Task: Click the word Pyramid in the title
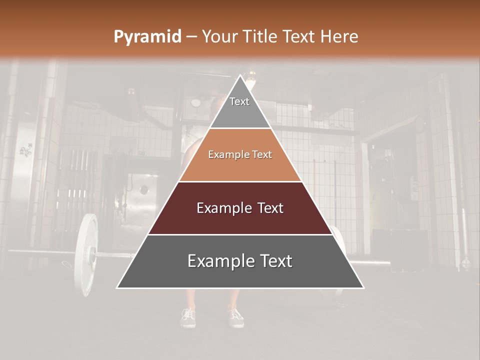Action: (x=147, y=37)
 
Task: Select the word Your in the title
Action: (x=221, y=37)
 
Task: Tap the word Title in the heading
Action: (x=262, y=37)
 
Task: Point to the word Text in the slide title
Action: (x=300, y=37)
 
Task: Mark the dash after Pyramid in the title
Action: (x=191, y=37)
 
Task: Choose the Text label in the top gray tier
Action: (x=239, y=101)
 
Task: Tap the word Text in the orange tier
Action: (x=262, y=155)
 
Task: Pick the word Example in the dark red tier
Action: (x=222, y=208)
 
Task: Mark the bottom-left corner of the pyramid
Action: (x=117, y=288)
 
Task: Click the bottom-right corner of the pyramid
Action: (x=364, y=288)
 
